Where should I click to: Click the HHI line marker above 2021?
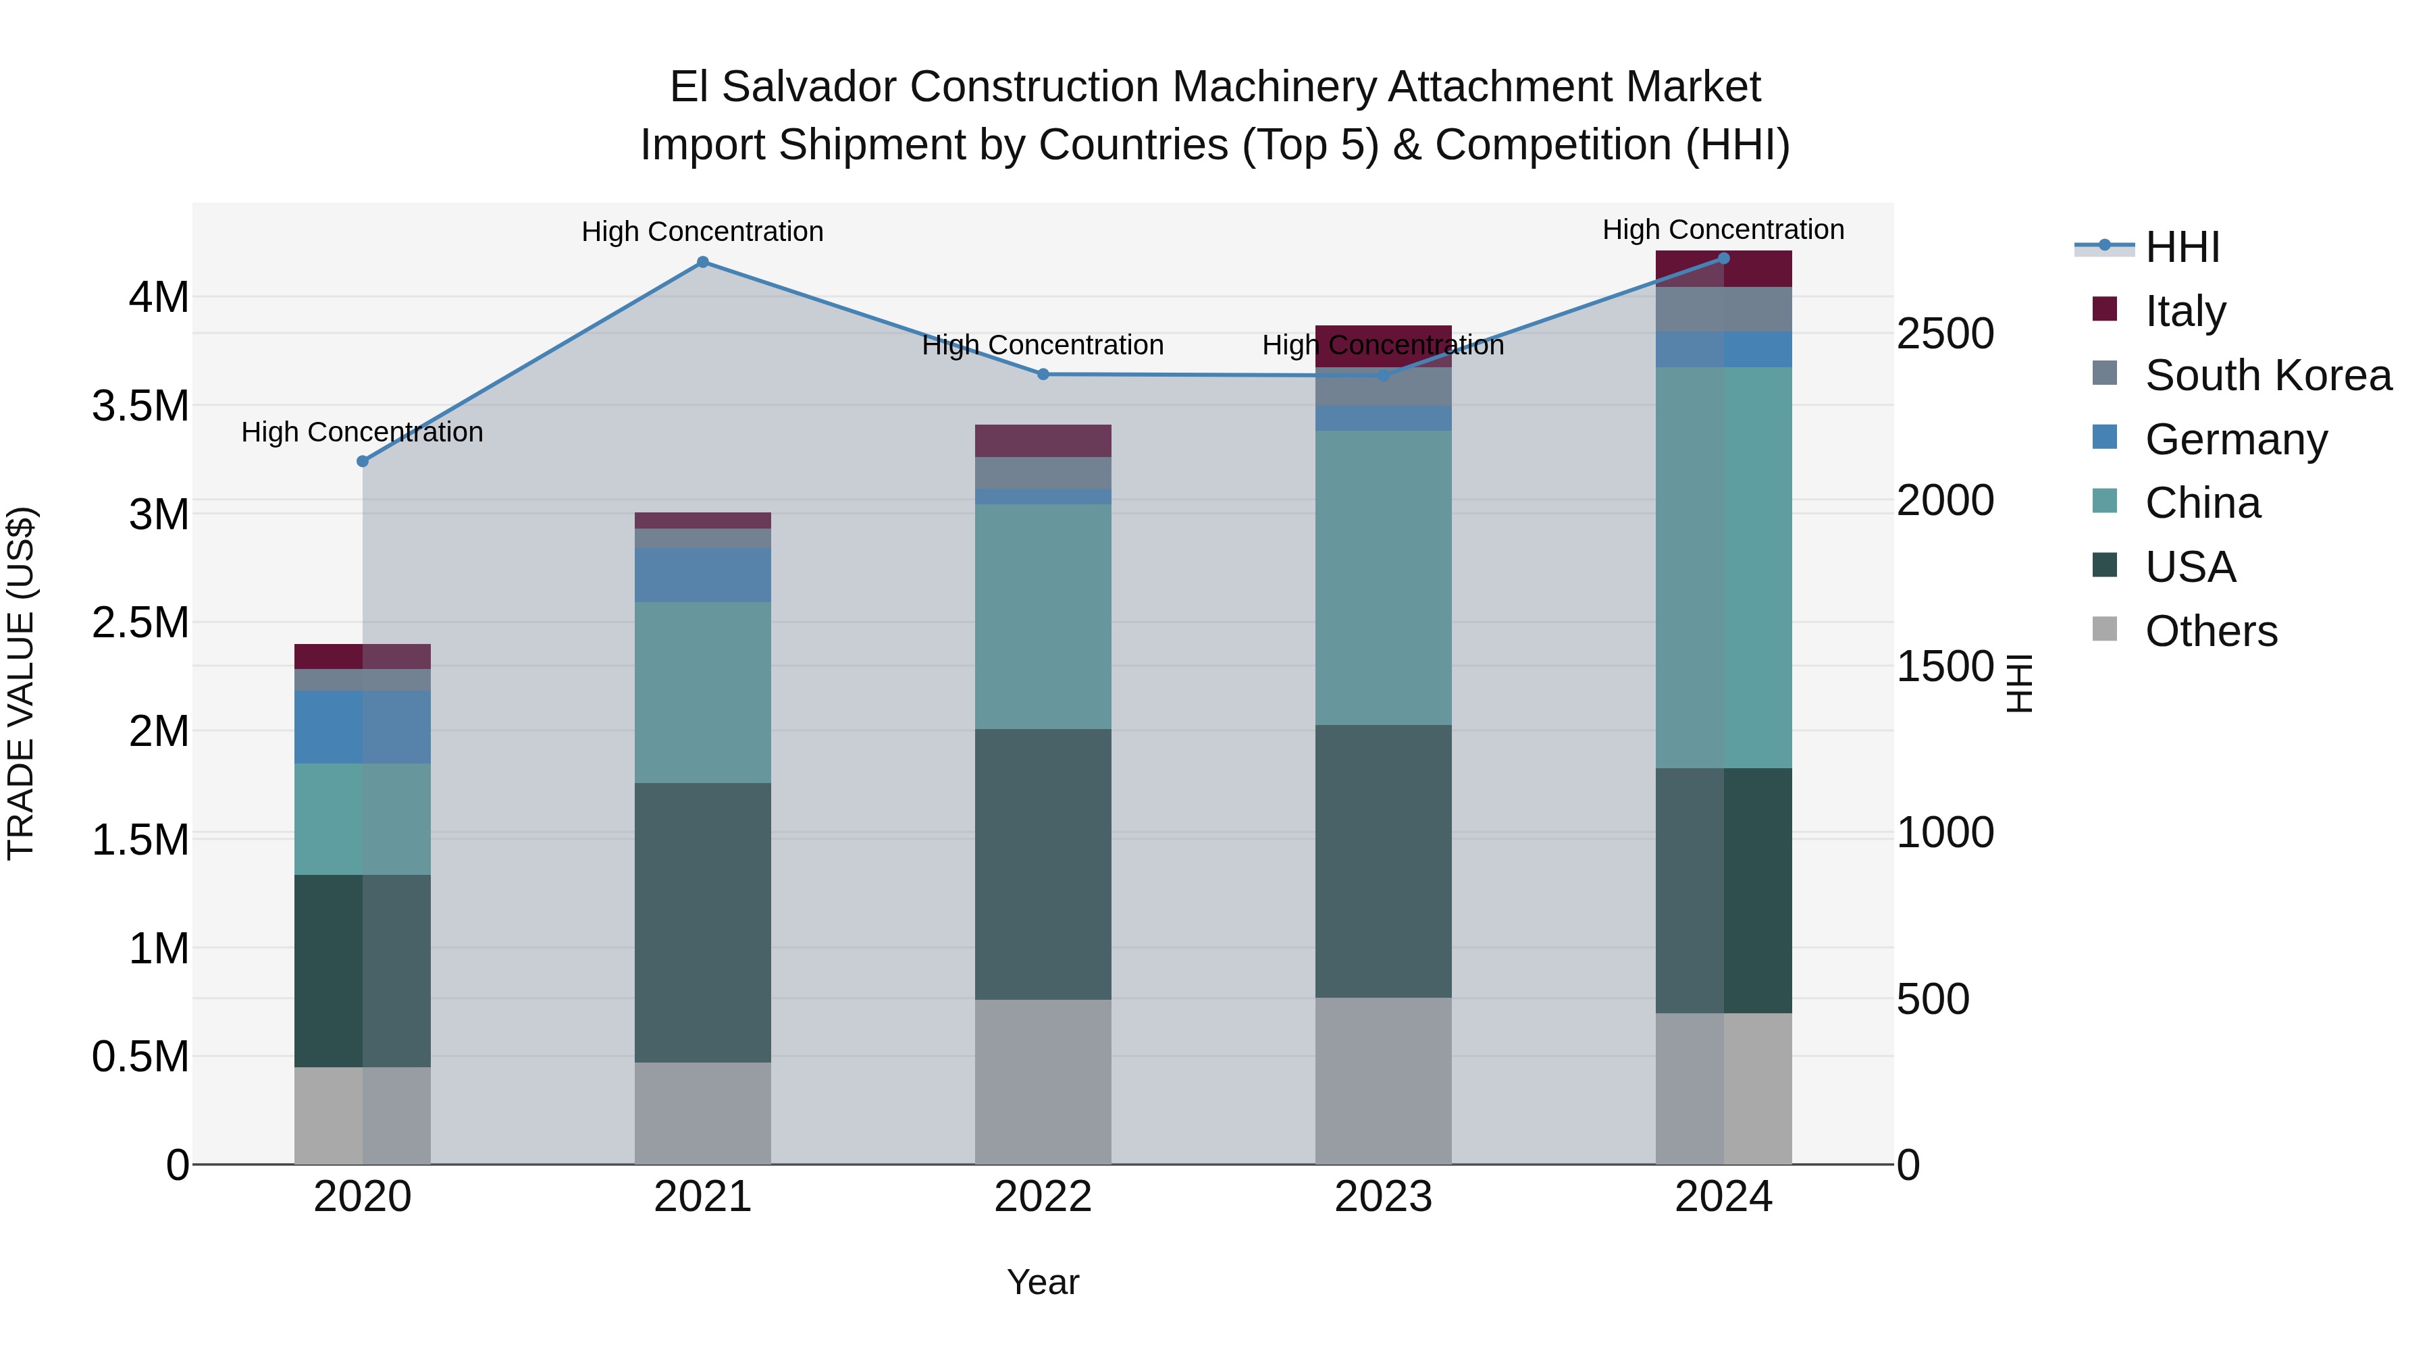[x=702, y=263]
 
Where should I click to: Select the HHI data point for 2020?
[x=363, y=461]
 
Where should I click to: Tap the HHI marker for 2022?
[x=1043, y=375]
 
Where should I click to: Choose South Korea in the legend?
[x=2267, y=375]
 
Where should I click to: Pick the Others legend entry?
[x=2210, y=631]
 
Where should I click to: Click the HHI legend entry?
[x=2181, y=247]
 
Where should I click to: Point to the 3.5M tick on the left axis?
[x=140, y=406]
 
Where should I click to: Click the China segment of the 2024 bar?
[x=1723, y=567]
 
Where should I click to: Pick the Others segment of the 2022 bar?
[x=1043, y=1081]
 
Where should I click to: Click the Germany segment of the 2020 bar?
[x=363, y=726]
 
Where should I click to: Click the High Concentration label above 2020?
[x=363, y=432]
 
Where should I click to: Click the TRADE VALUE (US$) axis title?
[x=21, y=683]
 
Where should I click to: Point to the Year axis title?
[x=1043, y=1282]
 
